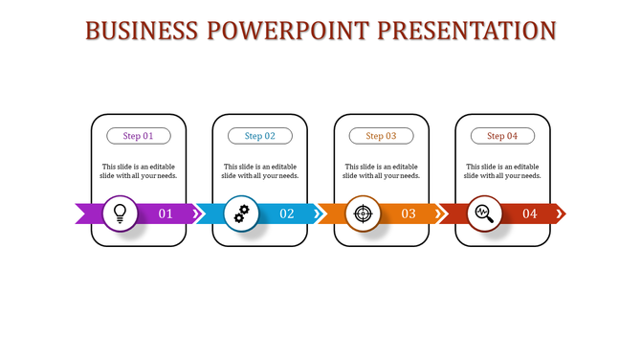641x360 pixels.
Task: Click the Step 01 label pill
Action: (139, 136)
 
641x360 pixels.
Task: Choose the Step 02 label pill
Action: (260, 136)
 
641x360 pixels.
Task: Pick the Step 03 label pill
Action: (381, 136)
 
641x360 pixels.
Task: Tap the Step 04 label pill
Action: (502, 136)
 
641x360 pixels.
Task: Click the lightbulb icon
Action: (120, 213)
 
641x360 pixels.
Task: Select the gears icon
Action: (241, 213)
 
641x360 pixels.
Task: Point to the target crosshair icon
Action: (363, 213)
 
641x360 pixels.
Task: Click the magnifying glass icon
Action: (484, 213)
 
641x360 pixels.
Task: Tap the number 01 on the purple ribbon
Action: (166, 214)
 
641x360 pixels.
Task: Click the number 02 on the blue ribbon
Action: (287, 214)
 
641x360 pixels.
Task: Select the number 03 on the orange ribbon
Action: (409, 214)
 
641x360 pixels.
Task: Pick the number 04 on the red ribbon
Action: (529, 214)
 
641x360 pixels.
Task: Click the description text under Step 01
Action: (139, 170)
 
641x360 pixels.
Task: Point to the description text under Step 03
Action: (381, 170)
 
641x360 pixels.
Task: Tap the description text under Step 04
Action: (502, 170)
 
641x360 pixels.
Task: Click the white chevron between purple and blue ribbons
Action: (197, 214)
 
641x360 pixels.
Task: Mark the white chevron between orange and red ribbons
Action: (440, 214)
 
